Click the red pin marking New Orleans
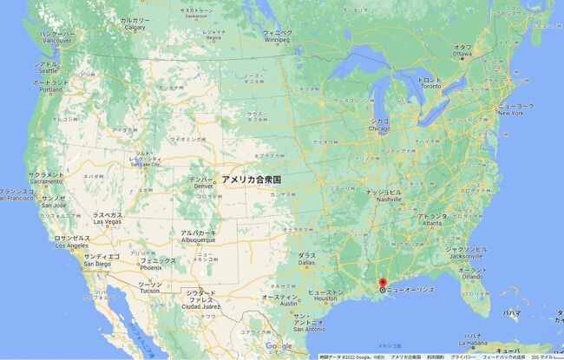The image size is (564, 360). coord(383,283)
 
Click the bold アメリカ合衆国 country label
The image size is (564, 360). coord(251,179)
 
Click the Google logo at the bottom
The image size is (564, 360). coord(279,348)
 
